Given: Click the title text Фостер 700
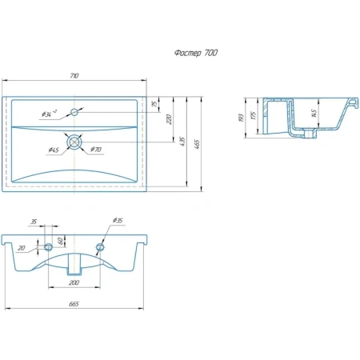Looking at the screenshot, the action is (x=196, y=53).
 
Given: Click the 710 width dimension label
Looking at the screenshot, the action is (x=74, y=76).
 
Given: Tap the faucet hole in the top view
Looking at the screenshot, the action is (x=74, y=112).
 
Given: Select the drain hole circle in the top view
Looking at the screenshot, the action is (x=74, y=142).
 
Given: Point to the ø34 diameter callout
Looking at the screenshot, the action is (x=49, y=114).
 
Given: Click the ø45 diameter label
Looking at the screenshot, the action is (x=54, y=150).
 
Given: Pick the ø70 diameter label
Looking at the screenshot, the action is (x=96, y=150).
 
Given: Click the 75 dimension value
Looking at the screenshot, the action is (x=154, y=104).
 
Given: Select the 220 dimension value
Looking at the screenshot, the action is (x=169, y=119).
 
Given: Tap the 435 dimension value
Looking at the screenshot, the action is (x=182, y=142).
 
